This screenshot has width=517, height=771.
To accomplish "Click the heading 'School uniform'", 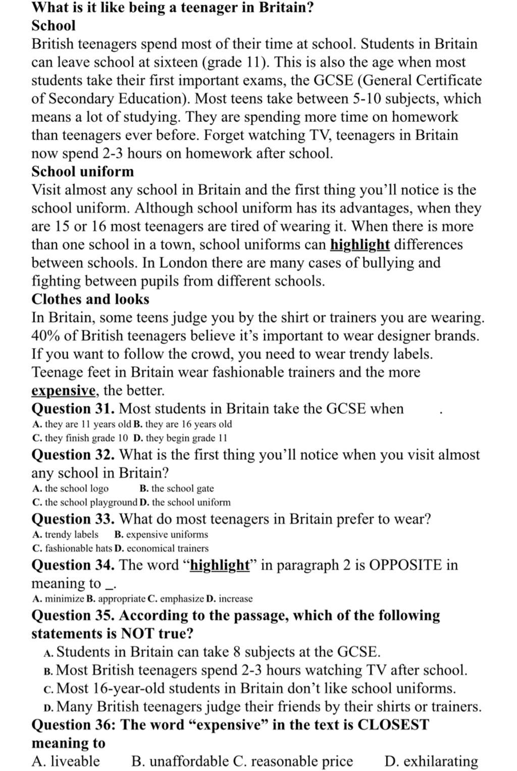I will point(83,172).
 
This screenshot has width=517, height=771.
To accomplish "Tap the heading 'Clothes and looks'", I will point(90,299).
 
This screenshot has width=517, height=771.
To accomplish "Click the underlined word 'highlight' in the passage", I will point(360,245).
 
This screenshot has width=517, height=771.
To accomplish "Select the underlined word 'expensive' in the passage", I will point(64,391).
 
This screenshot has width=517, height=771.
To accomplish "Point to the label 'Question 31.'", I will point(73,409).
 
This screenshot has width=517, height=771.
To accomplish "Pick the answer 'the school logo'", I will point(71,488).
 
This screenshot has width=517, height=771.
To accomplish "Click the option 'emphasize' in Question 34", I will point(176,599).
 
